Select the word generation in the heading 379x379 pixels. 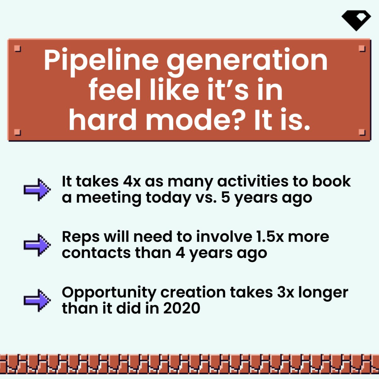[247, 61]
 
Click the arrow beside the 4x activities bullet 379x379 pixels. [37, 189]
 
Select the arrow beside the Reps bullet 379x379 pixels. [37, 245]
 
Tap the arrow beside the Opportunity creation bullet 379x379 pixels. [37, 300]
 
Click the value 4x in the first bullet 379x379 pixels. [132, 181]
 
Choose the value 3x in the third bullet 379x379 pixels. [286, 292]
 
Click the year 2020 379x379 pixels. [182, 308]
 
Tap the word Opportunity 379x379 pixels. [109, 293]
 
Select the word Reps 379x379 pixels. [80, 238]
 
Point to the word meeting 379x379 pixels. [109, 198]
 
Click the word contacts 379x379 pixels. [96, 253]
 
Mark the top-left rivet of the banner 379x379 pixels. [18, 48]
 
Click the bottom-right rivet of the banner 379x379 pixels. [362, 132]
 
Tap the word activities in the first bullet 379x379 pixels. [253, 181]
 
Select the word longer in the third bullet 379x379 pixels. [323, 293]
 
